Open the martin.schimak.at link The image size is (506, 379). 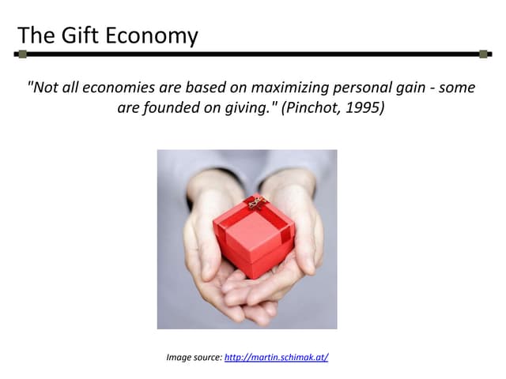coord(276,358)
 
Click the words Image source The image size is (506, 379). coord(194,358)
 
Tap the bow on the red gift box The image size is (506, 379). coord(255,202)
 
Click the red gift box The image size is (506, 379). coord(253,237)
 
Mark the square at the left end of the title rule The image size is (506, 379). coord(22,54)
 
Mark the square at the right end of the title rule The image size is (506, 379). coord(483,54)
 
